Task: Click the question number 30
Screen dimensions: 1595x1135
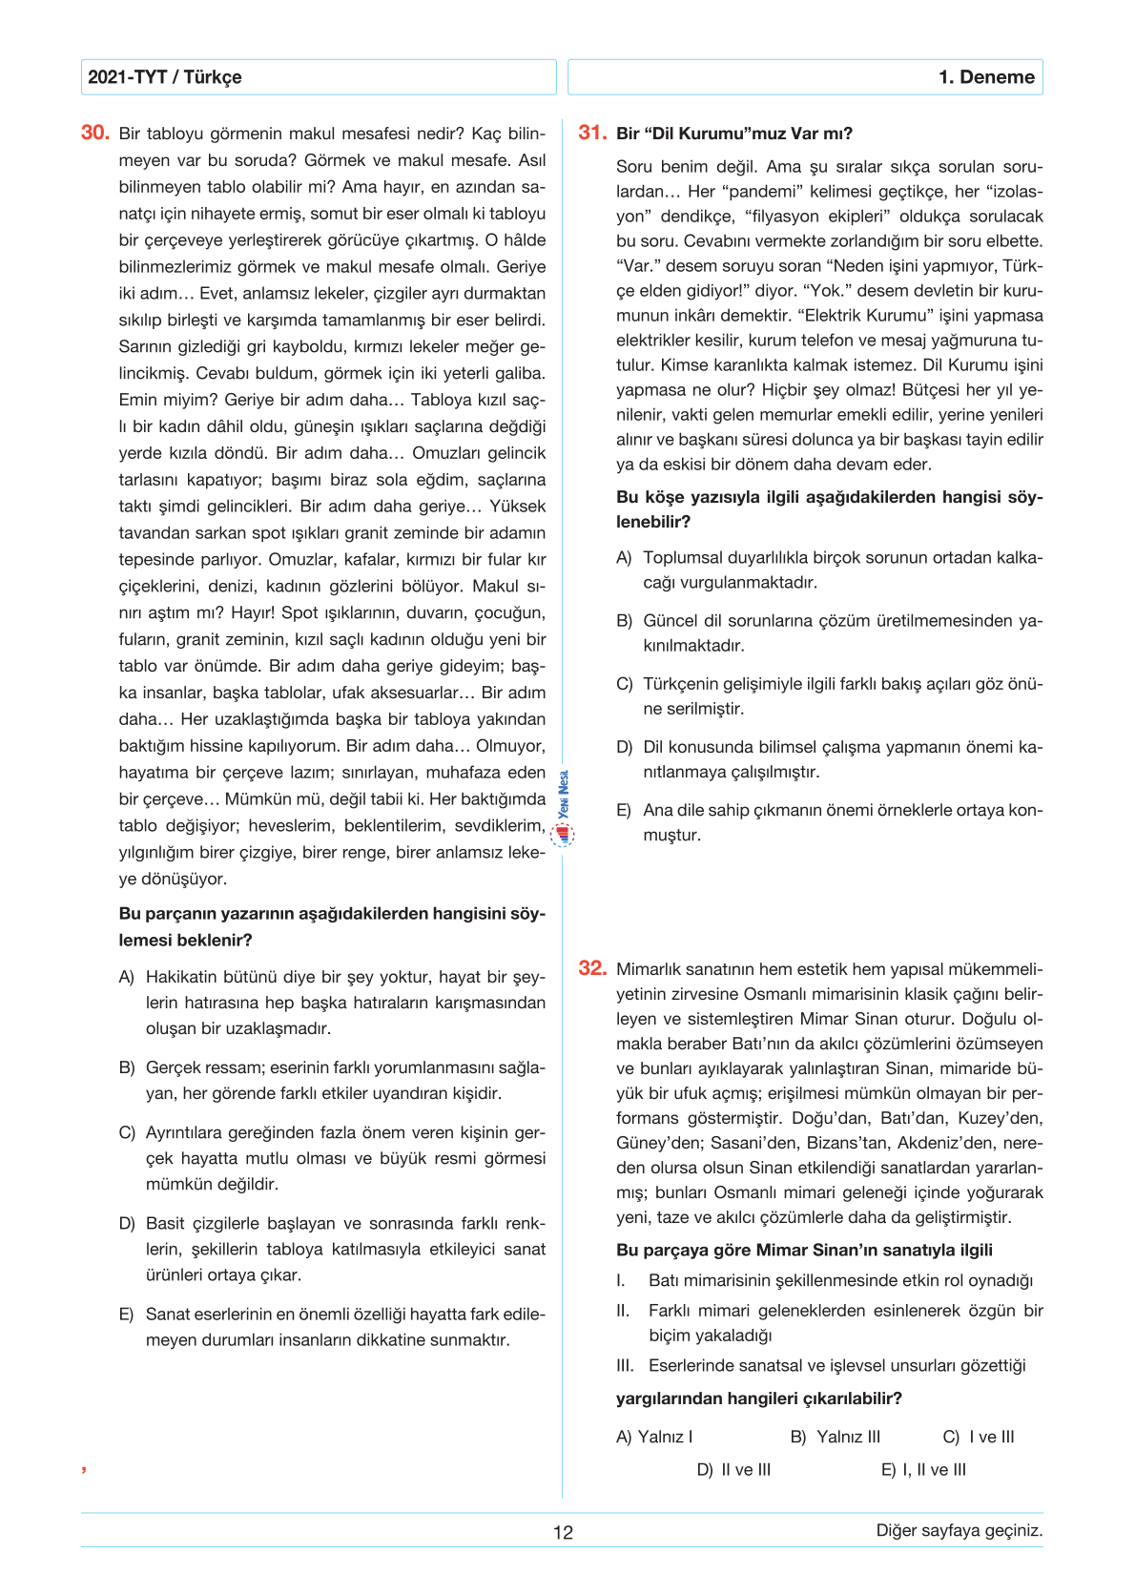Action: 95,133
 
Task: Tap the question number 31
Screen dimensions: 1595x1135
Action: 592,133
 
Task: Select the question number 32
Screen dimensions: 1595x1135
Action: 592,968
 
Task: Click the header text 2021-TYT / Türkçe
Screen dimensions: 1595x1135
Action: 165,77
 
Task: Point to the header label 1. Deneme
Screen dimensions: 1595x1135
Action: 986,77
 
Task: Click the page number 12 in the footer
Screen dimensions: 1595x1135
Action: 563,1533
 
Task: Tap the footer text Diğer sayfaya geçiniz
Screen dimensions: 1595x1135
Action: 959,1530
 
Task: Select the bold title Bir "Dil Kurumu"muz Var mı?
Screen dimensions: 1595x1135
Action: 734,134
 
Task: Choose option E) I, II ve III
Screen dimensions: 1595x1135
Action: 923,1470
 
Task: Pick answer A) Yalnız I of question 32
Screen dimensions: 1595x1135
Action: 654,1438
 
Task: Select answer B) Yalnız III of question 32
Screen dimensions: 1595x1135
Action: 836,1438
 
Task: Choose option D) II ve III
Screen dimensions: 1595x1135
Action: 733,1470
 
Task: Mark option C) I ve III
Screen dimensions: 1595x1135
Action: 979,1438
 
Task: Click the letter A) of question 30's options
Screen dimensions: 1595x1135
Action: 127,978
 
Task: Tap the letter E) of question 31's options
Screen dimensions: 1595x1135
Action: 624,811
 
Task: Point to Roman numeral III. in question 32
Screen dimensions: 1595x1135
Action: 625,1366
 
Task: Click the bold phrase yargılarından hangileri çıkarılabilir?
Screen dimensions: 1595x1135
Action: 758,1398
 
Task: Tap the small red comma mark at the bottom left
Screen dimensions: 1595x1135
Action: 84,1469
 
